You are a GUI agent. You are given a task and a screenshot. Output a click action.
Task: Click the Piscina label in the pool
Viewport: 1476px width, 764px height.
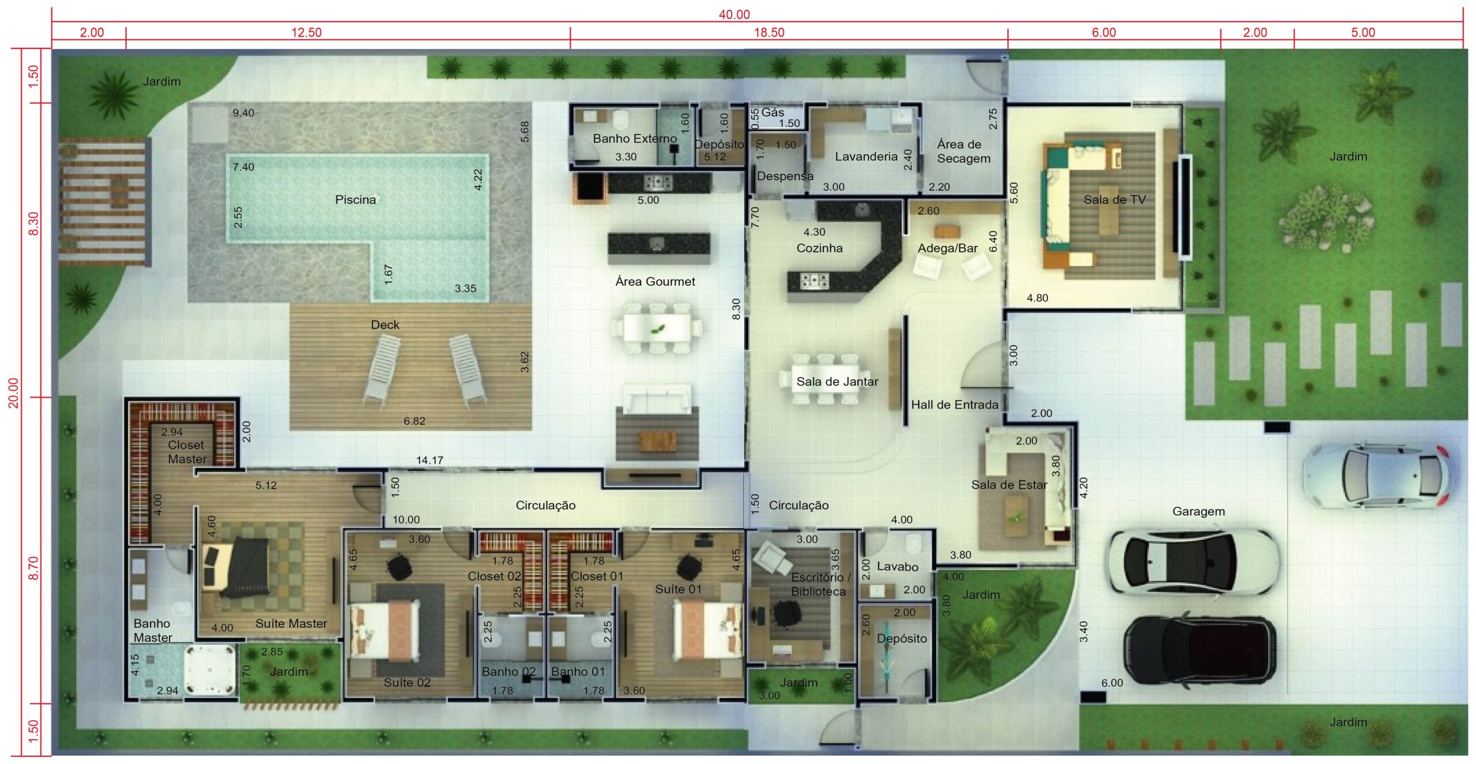point(355,200)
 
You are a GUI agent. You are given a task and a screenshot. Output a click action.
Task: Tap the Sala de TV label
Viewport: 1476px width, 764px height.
point(1114,200)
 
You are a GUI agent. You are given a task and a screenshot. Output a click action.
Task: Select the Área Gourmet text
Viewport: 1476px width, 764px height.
point(655,282)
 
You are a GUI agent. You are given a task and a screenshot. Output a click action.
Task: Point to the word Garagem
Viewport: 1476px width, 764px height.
point(1198,511)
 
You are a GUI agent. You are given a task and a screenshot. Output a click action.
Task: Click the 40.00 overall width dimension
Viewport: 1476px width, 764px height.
point(734,14)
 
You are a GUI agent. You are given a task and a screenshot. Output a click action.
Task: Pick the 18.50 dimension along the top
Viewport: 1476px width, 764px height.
point(769,32)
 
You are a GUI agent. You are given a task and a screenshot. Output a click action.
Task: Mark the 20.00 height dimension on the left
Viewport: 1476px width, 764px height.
point(13,393)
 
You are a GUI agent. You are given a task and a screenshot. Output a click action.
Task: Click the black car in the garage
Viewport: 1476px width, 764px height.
point(1199,650)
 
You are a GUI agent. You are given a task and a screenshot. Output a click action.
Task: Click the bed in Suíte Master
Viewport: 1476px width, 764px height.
point(236,568)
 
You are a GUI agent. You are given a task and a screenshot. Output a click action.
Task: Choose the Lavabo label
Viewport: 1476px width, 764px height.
point(897,567)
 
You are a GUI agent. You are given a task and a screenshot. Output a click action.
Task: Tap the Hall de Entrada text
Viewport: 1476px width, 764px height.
point(954,405)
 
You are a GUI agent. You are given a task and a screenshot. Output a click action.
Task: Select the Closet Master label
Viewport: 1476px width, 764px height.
point(187,452)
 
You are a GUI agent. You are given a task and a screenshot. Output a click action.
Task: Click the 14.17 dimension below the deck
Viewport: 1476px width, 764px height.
point(430,460)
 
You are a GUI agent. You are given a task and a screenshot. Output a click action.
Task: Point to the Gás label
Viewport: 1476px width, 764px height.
point(773,112)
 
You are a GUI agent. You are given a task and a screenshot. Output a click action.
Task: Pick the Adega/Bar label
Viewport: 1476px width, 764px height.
point(947,248)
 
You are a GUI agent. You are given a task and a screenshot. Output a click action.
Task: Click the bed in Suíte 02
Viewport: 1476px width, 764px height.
point(385,630)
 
